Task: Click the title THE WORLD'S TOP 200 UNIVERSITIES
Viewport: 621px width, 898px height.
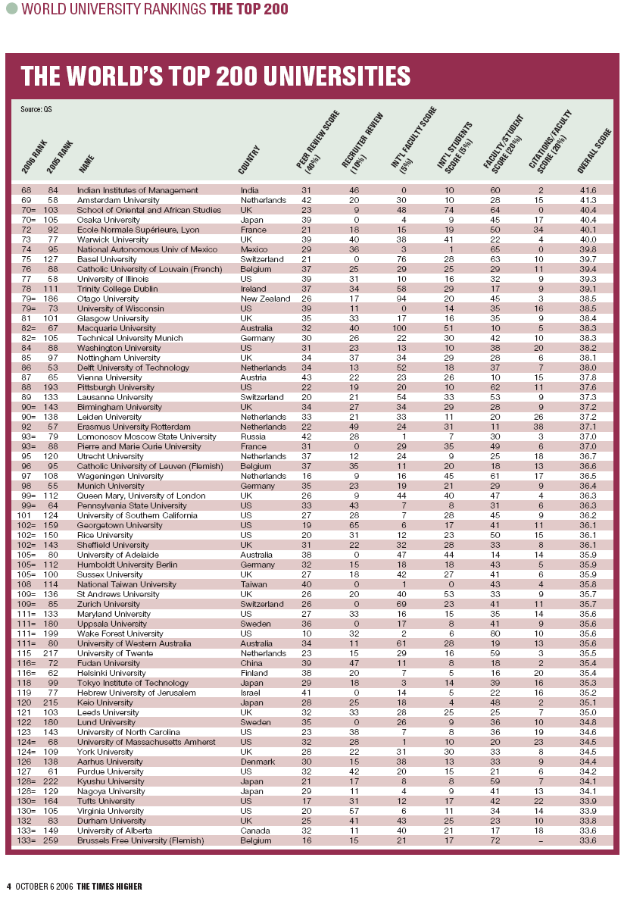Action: (x=216, y=77)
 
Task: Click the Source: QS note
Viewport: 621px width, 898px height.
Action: (x=36, y=109)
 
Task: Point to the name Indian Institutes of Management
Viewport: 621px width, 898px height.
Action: (x=127, y=190)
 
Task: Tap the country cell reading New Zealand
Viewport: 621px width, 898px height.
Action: (x=264, y=299)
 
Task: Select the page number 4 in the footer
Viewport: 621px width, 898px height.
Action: (x=9, y=886)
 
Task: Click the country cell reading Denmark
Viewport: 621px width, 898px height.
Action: (x=256, y=761)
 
